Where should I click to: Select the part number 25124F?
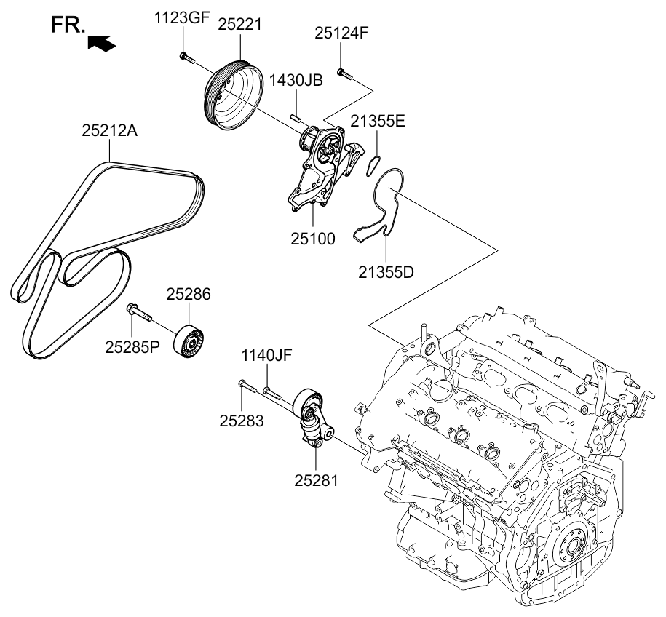(x=341, y=33)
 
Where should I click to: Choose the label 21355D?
(x=386, y=272)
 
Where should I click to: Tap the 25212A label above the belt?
(x=109, y=131)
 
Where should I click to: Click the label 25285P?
(x=132, y=347)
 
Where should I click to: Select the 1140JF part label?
(x=266, y=356)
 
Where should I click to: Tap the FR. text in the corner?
(x=67, y=26)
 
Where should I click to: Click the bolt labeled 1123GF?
(x=185, y=57)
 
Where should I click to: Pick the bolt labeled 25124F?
(x=343, y=73)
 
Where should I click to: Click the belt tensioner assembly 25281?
(x=314, y=422)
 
